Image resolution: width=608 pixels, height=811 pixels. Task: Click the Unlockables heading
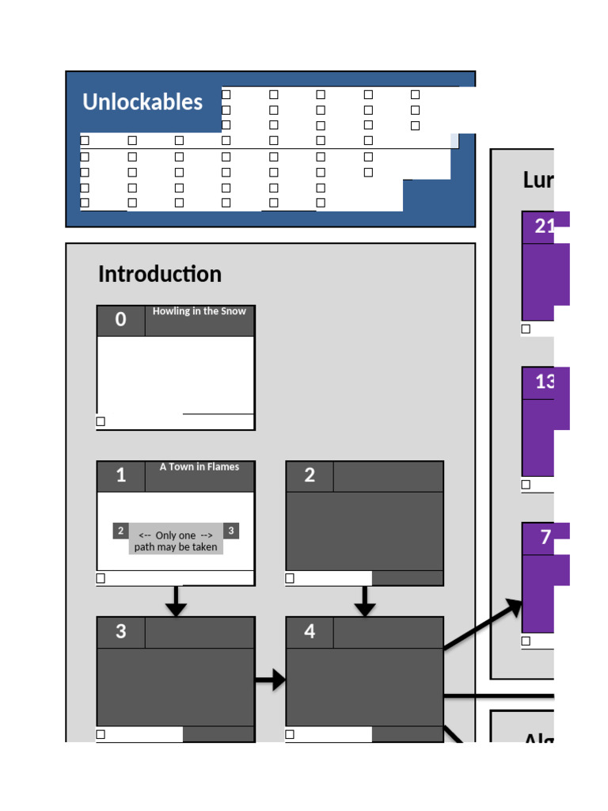click(142, 102)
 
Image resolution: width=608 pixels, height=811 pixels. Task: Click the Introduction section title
click(160, 274)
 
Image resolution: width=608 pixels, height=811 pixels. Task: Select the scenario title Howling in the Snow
click(199, 311)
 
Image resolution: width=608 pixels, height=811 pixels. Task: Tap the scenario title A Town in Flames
click(199, 467)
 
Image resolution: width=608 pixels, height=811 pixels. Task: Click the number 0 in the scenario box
click(120, 320)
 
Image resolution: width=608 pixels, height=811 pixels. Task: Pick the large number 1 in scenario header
click(120, 475)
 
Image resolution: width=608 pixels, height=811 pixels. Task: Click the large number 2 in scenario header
click(310, 475)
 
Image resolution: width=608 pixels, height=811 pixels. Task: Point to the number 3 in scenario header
click(120, 631)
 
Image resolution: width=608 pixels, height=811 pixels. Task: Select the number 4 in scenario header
click(310, 631)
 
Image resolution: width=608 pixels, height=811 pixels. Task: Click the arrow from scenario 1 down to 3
click(176, 601)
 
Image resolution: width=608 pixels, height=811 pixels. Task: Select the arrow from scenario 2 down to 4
click(364, 601)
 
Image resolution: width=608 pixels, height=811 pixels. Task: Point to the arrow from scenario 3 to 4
click(270, 680)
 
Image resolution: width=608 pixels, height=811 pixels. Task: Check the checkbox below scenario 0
click(101, 421)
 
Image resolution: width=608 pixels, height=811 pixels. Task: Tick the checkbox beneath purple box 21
click(526, 329)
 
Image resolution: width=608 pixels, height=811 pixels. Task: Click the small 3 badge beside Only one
click(230, 531)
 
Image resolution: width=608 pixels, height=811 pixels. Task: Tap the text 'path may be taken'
click(176, 547)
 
